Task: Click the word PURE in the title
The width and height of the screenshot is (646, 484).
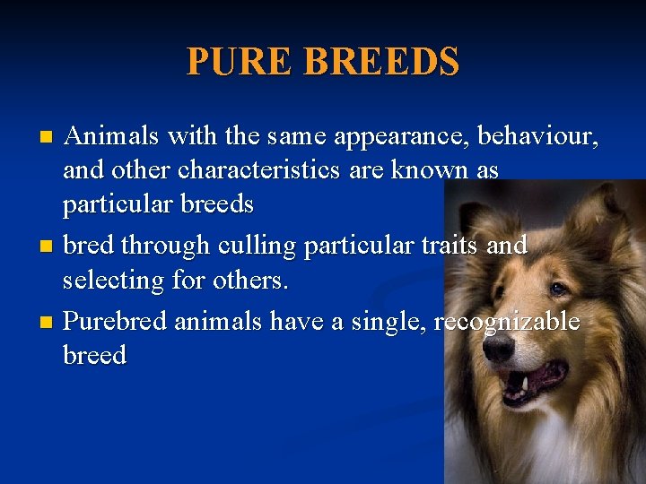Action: (x=240, y=62)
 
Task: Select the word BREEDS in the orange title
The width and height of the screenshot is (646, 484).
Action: (x=382, y=62)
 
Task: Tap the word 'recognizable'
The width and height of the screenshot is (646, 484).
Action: (x=507, y=322)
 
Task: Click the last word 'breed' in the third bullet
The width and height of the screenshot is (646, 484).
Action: (x=94, y=356)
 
